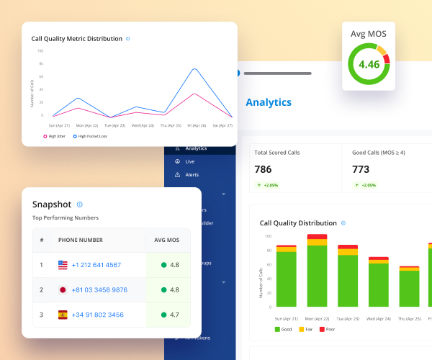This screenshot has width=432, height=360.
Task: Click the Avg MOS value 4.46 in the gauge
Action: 369,65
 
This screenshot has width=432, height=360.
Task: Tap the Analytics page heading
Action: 269,102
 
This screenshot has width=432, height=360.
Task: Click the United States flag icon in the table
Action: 63,265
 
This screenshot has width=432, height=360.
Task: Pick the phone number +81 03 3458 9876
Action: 99,290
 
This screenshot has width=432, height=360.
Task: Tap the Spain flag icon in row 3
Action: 63,315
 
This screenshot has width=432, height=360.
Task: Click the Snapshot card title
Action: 52,204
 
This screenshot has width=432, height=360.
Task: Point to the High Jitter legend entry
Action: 55,136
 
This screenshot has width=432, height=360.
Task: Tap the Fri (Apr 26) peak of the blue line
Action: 194,69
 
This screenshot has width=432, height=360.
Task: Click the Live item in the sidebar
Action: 189,162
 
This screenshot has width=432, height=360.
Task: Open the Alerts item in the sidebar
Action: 192,174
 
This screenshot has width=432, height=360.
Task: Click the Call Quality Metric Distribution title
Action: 76,39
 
